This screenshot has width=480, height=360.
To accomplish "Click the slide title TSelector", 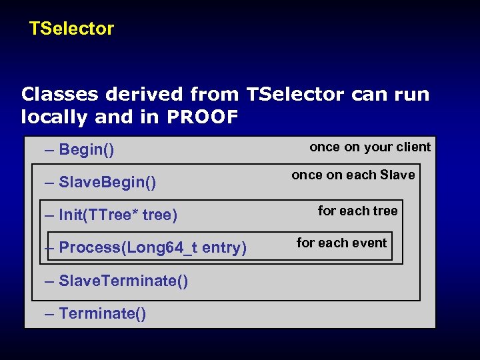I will pos(71,29).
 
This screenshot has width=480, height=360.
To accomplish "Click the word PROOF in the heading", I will pos(202,118).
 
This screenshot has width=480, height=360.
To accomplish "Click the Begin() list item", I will pos(87,149).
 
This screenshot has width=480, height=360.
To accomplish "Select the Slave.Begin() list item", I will pos(107,182).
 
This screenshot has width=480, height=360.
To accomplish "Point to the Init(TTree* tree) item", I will pos(118,215).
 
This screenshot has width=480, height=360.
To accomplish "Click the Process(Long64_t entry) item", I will pos(153,247).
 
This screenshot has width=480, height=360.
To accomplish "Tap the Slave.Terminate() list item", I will pos(123,281).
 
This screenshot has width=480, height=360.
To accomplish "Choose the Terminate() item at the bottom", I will pos(103,313).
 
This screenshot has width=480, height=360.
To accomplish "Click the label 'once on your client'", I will pos(370,147).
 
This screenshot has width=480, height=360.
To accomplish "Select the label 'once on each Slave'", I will pos(353,175).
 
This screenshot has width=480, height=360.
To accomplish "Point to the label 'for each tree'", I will pos(357,211).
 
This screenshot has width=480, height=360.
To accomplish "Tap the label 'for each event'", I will pos(342,243).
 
